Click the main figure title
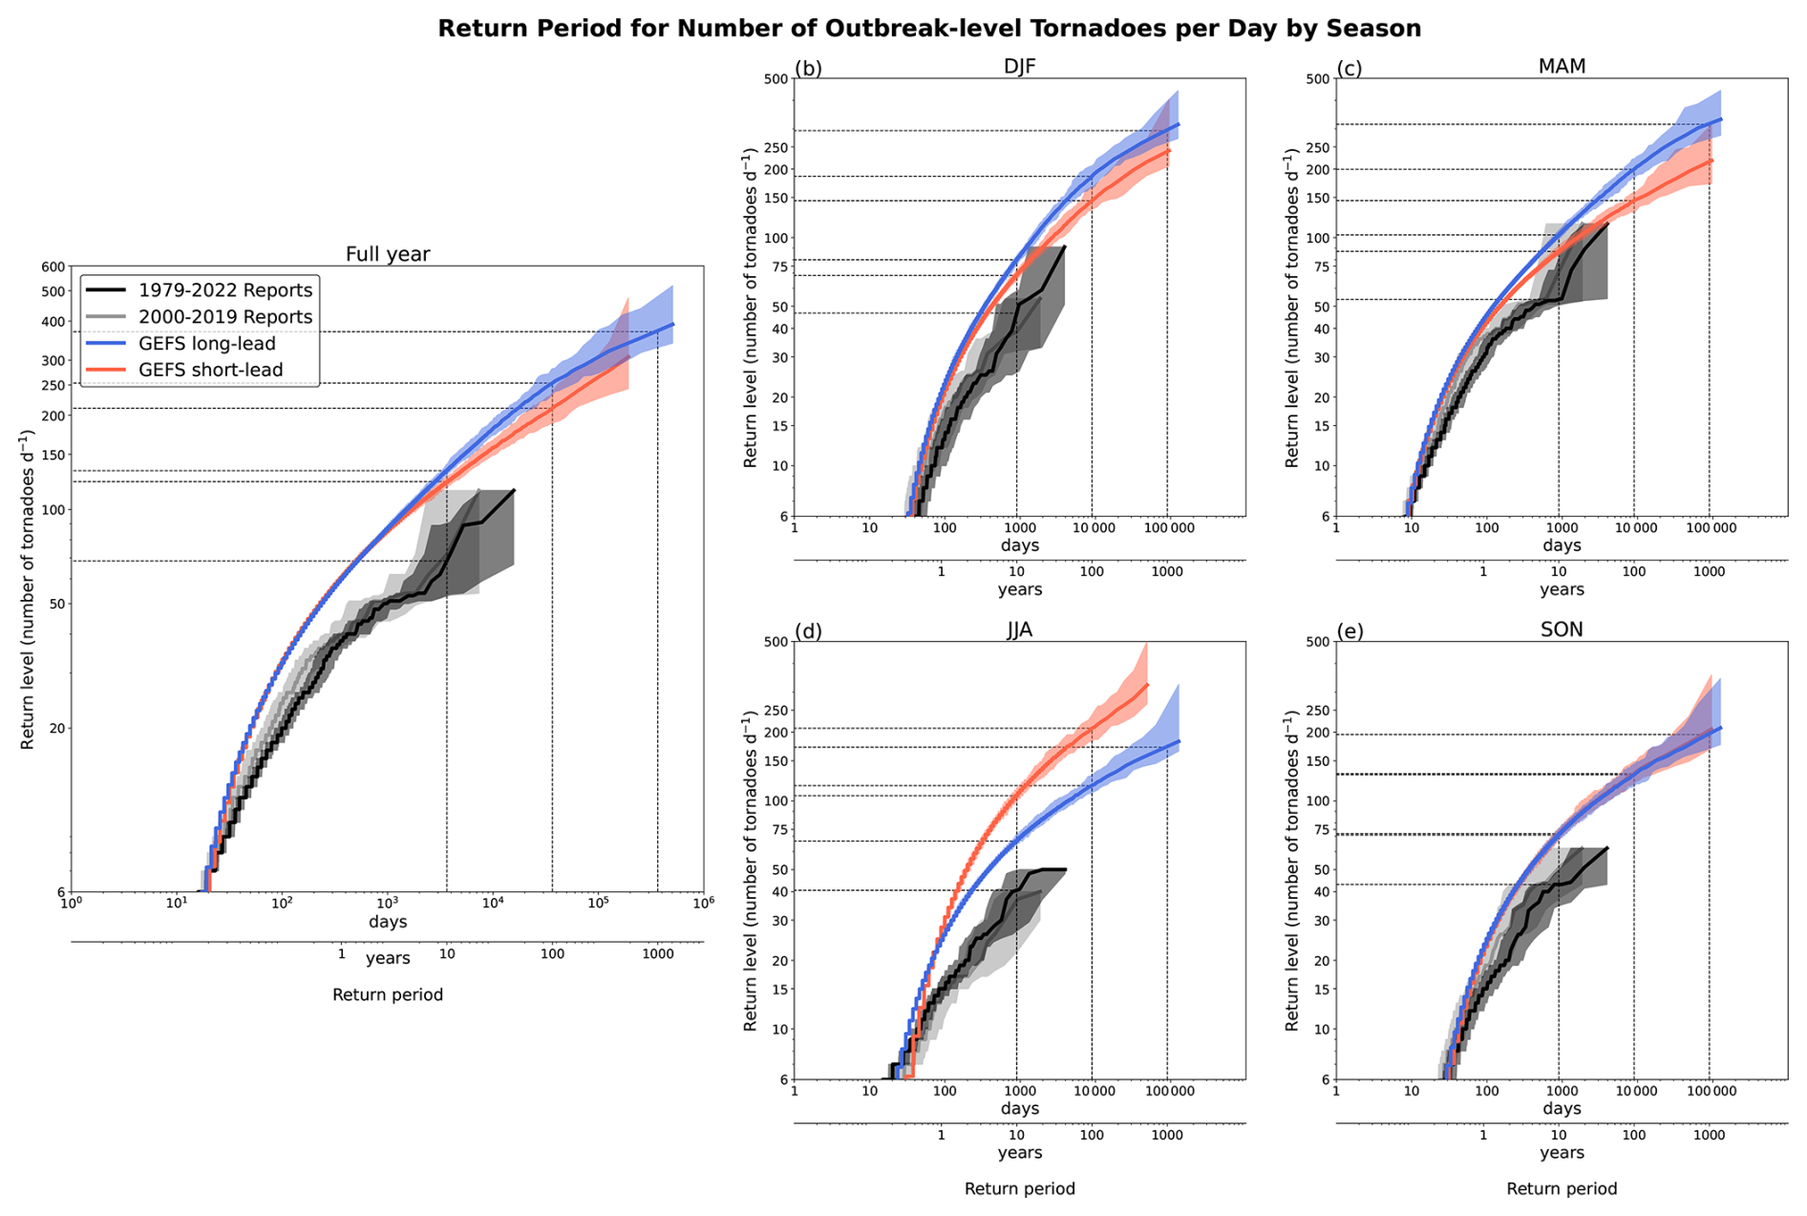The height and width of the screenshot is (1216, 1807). pos(928,29)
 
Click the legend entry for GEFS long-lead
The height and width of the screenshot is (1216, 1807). pos(206,344)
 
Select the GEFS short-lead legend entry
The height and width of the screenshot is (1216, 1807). pos(210,371)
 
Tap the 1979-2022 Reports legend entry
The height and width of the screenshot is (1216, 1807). pos(224,290)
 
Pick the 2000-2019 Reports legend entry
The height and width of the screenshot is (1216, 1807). pos(224,317)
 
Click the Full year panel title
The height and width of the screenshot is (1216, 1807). pos(387,254)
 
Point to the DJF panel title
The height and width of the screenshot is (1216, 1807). pos(1019,66)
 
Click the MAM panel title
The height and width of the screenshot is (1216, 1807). pos(1562,66)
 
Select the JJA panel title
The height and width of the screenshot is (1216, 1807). pos(1019,629)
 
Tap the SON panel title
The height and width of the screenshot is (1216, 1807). pos(1562,629)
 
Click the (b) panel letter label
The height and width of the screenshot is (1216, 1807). pos(808,68)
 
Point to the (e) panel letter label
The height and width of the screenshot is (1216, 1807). pos(1350,631)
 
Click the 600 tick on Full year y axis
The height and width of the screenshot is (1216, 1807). pos(53,267)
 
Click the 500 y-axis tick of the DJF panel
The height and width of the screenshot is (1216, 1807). pos(776,79)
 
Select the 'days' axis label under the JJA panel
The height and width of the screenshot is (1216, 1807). pos(1019,1108)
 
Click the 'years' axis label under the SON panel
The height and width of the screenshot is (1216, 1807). pos(1562,1153)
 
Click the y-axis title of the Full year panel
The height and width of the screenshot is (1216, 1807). pos(27,589)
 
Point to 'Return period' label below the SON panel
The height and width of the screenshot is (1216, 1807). pos(1562,1189)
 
